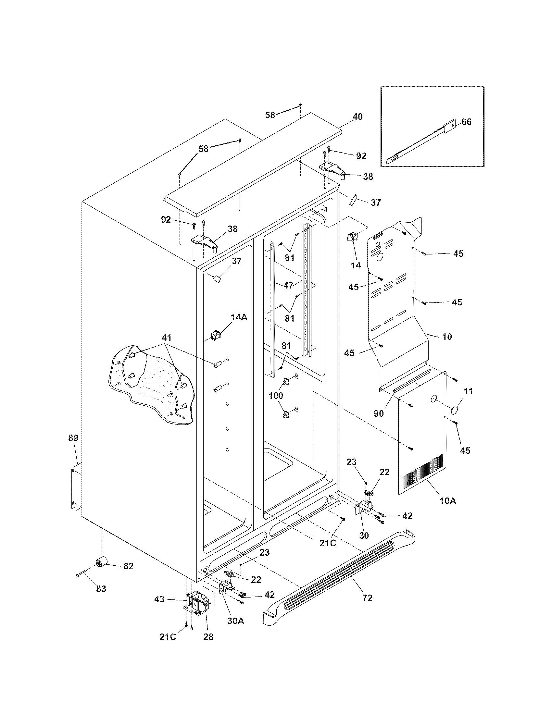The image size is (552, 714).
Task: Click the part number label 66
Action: (x=466, y=122)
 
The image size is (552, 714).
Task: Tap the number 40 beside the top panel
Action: (x=358, y=117)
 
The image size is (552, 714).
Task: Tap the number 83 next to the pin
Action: (x=101, y=589)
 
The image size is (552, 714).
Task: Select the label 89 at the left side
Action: (x=73, y=438)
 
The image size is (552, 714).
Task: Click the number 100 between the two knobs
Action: (x=276, y=396)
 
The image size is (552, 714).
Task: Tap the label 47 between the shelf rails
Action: (x=288, y=285)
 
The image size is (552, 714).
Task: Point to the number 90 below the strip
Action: (x=379, y=413)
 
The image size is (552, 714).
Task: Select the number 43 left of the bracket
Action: (x=159, y=599)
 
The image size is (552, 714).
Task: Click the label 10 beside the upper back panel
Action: (x=447, y=337)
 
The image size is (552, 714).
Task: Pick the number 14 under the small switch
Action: (x=356, y=265)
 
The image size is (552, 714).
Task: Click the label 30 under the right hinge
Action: (x=364, y=535)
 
